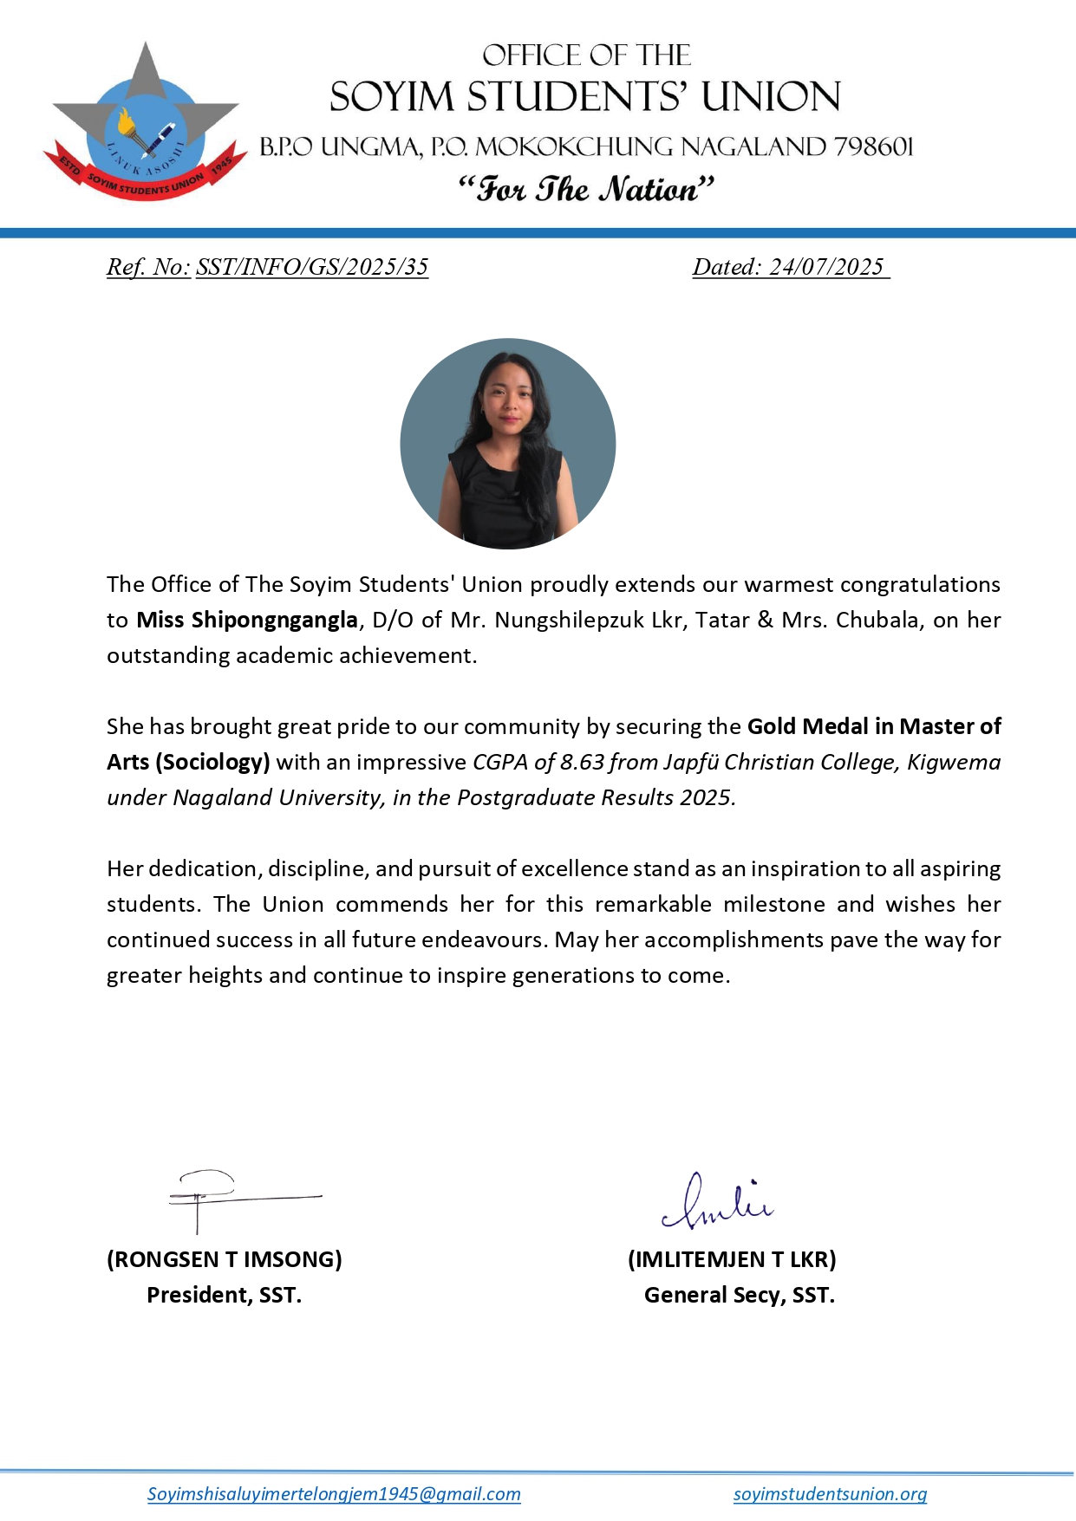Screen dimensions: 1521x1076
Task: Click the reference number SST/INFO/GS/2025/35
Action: [x=312, y=267]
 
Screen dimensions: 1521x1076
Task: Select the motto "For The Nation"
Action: [x=586, y=189]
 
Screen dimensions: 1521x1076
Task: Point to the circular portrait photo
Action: [x=508, y=444]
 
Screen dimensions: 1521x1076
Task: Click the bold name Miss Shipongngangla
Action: [x=247, y=621]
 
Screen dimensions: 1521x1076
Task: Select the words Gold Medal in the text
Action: [x=807, y=726]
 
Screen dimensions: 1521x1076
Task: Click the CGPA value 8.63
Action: [x=582, y=763]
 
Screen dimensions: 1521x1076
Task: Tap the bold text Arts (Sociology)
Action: [x=188, y=763]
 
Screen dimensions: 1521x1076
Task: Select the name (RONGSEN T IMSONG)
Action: [x=225, y=1259]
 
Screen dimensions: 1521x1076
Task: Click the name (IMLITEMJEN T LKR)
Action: [x=732, y=1259]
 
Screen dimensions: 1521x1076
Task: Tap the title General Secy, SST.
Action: [x=739, y=1295]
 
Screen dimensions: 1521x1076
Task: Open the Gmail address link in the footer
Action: [x=334, y=1494]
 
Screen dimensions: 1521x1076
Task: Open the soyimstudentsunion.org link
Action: [x=830, y=1494]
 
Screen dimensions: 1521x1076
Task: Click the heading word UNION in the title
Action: [x=771, y=97]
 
